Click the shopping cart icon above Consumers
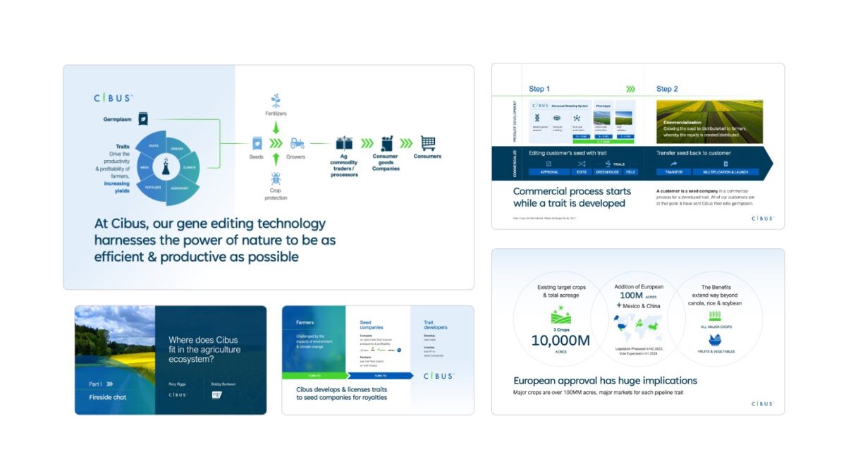(x=427, y=142)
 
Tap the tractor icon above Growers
(x=298, y=142)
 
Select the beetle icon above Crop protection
(x=276, y=178)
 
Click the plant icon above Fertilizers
(x=276, y=100)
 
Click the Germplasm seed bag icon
(x=143, y=119)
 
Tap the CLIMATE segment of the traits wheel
(x=190, y=168)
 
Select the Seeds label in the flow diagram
(x=257, y=157)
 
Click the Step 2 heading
(x=667, y=89)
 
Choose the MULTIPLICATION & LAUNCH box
(x=726, y=171)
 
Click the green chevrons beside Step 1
(x=630, y=89)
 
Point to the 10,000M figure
(x=560, y=340)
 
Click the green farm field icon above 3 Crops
(x=560, y=314)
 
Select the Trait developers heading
(x=436, y=324)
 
